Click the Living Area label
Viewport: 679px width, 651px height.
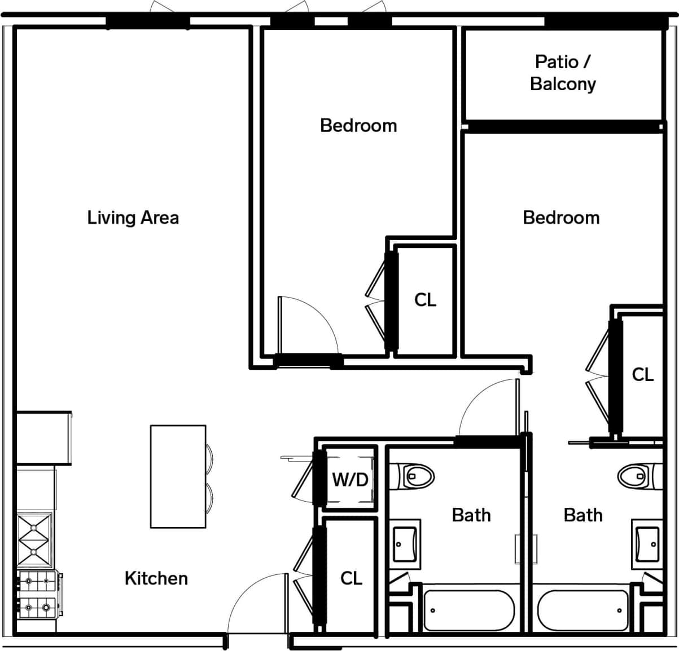[133, 218]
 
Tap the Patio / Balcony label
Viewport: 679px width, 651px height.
[563, 73]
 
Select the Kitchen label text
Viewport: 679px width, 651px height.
[156, 578]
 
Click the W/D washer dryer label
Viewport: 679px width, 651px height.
[350, 480]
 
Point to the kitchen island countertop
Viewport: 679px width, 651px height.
[178, 476]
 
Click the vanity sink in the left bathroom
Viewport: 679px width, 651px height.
[406, 544]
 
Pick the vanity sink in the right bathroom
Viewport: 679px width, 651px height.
[647, 544]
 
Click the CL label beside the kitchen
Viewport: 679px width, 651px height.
[351, 578]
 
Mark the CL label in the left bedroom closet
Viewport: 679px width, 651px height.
[425, 300]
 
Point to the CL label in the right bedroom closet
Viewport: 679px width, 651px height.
[642, 374]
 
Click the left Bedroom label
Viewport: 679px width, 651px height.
[358, 125]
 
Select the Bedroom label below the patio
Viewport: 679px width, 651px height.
[561, 218]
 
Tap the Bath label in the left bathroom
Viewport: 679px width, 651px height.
[471, 515]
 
